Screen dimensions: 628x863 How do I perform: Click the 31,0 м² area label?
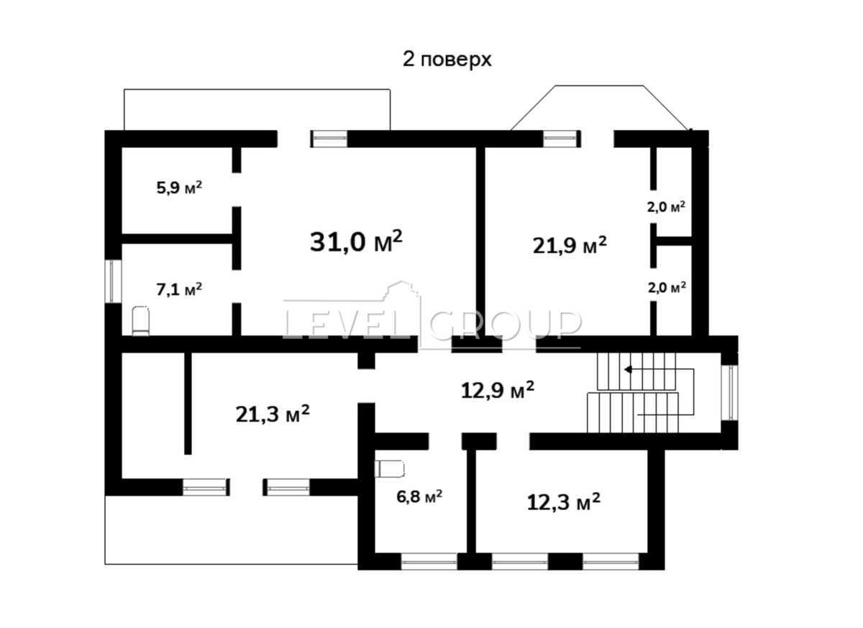(356, 241)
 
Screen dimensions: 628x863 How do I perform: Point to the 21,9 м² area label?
(570, 245)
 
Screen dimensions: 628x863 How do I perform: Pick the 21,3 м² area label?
(273, 414)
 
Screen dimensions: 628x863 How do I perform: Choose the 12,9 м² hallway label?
(497, 390)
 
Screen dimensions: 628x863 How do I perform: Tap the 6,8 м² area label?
(421, 496)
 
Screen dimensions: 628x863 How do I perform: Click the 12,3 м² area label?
(564, 502)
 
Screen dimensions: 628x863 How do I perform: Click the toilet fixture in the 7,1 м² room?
(140, 320)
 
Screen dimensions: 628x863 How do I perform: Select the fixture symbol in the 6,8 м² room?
(390, 469)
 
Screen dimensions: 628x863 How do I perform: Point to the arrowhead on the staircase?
(628, 370)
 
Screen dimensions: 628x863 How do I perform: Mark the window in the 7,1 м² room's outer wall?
(112, 281)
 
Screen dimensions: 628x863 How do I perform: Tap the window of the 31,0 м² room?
(329, 139)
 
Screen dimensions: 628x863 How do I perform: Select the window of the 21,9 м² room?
(561, 139)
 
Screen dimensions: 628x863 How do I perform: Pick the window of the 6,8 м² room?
(429, 561)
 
